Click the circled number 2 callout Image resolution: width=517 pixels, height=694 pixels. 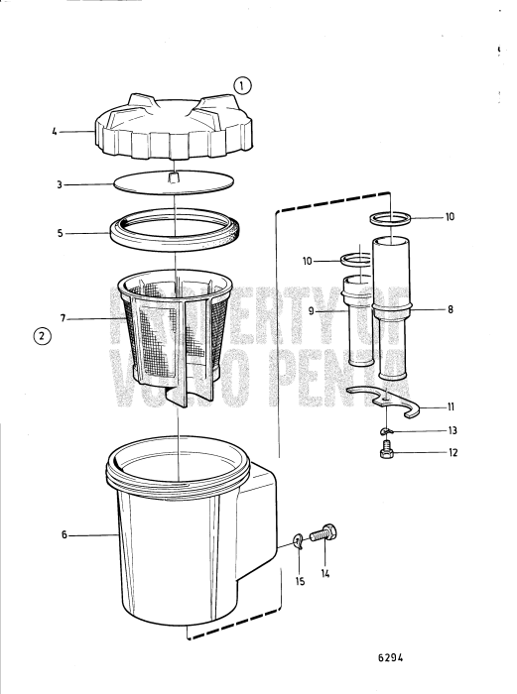tap(41, 334)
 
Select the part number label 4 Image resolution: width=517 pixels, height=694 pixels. tap(54, 129)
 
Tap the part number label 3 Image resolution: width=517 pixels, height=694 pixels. tap(59, 184)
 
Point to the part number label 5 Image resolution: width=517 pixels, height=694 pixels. tap(59, 235)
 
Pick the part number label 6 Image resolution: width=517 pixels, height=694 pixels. tap(64, 535)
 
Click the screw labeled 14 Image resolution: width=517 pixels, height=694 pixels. tap(323, 535)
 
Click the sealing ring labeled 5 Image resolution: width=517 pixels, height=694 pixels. tap(175, 233)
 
